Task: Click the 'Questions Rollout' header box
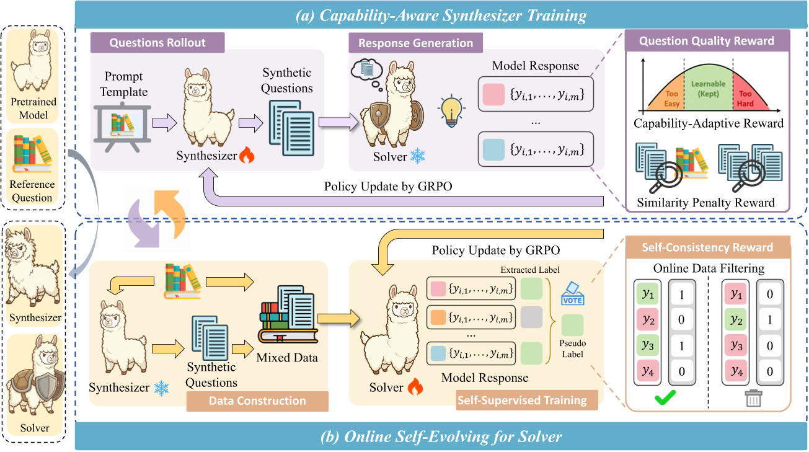[x=157, y=43]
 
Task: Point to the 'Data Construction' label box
[x=257, y=401]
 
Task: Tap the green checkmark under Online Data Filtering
[x=665, y=397]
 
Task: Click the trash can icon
[x=753, y=397]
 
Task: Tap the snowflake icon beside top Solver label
[x=418, y=156]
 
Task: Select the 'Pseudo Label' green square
[x=572, y=326]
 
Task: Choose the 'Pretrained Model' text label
[x=33, y=108]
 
